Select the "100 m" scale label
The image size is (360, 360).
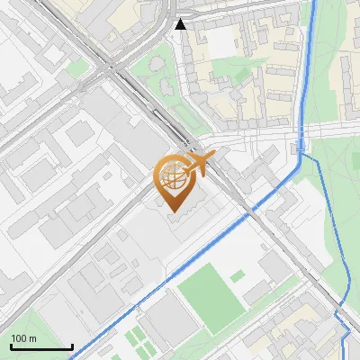tap(24, 338)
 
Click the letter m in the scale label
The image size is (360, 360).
tap(32, 338)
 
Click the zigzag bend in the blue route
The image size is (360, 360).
tap(342, 319)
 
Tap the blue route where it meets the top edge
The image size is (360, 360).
tap(315, 3)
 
